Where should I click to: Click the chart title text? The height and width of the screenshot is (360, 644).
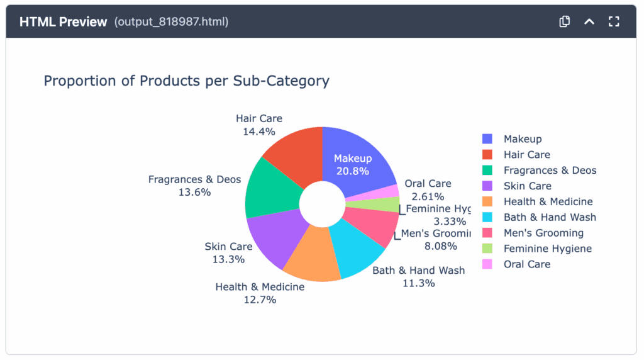click(186, 81)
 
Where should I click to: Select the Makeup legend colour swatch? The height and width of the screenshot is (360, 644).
click(487, 139)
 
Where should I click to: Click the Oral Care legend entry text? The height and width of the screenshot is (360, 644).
click(526, 264)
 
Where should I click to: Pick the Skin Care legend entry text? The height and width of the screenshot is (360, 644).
click(527, 186)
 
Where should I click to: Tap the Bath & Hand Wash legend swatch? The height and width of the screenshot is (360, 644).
click(487, 217)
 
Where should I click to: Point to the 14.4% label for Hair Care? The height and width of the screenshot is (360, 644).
click(258, 132)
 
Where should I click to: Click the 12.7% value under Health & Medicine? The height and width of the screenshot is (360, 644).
click(260, 300)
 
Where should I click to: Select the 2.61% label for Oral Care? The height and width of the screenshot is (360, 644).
click(428, 197)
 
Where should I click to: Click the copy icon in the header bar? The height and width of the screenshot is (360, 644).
click(564, 21)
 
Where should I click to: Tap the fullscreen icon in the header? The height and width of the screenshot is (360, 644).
click(614, 21)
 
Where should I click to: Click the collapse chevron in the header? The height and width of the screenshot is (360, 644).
click(589, 21)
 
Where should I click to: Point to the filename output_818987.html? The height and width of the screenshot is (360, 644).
click(171, 22)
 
